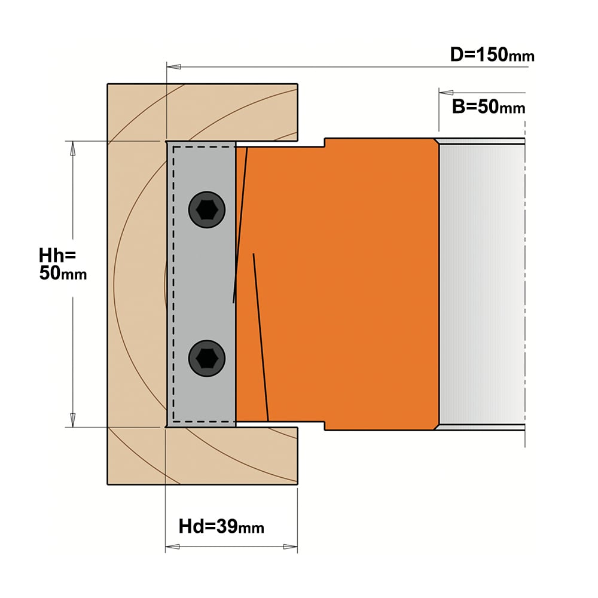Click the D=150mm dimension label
[x=492, y=54]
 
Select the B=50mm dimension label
[x=489, y=107]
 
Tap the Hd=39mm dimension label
[x=221, y=527]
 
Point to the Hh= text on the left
[x=57, y=255]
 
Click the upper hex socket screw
[x=207, y=210]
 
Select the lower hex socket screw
[x=207, y=358]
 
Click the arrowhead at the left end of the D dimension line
[x=174, y=67]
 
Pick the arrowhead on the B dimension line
[x=446, y=92]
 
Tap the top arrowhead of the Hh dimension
[x=72, y=148]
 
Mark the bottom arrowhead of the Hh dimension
[x=72, y=420]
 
